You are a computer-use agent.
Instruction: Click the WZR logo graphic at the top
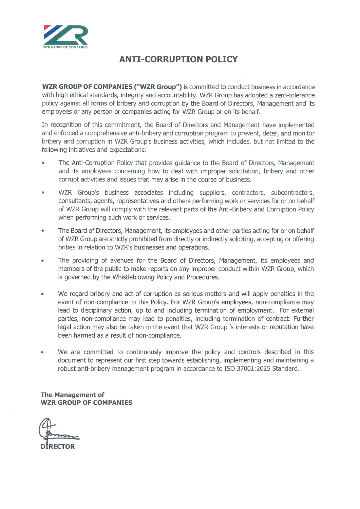(x=65, y=35)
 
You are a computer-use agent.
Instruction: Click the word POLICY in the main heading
(x=221, y=59)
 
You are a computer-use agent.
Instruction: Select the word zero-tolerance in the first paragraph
(x=295, y=95)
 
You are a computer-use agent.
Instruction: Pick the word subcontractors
(x=292, y=193)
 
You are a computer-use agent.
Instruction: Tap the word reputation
(x=284, y=327)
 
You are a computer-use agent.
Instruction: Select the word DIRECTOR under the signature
(x=58, y=447)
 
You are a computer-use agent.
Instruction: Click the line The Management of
(x=72, y=395)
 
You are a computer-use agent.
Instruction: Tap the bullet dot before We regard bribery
(x=42, y=294)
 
